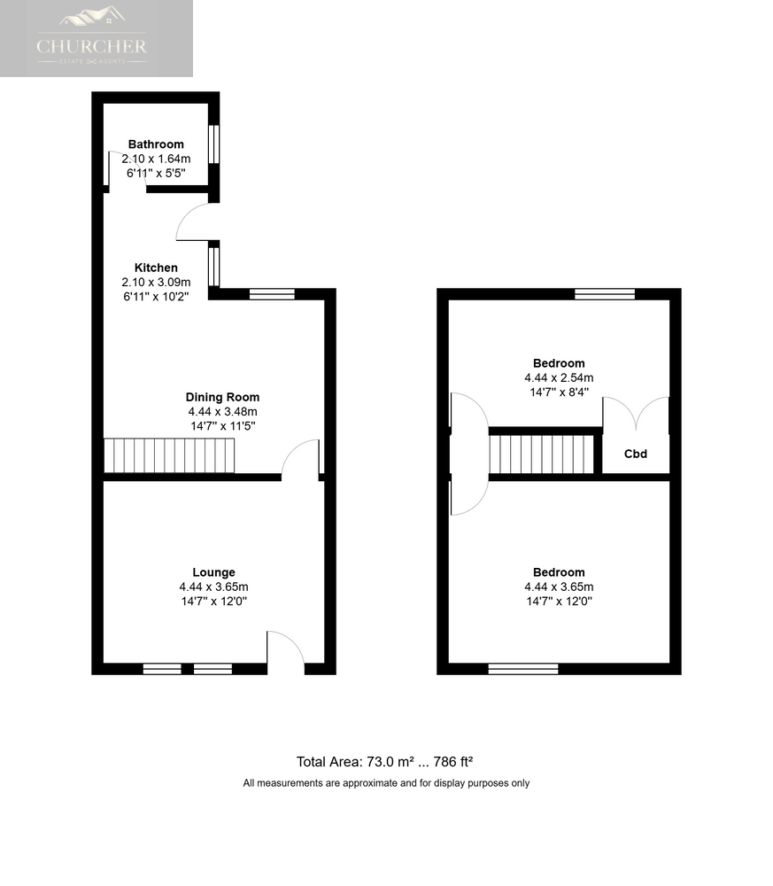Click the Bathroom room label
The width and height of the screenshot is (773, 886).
pyautogui.click(x=156, y=144)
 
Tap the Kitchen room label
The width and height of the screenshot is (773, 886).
pyautogui.click(x=156, y=268)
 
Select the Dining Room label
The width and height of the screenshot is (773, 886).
pyautogui.click(x=222, y=397)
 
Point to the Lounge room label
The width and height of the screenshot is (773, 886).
pyautogui.click(x=213, y=572)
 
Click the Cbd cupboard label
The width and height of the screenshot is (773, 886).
pyautogui.click(x=635, y=454)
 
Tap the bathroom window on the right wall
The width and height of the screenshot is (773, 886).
pyautogui.click(x=213, y=144)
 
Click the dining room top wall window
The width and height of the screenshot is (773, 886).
pyautogui.click(x=272, y=294)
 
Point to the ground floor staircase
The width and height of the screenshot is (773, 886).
pyautogui.click(x=169, y=455)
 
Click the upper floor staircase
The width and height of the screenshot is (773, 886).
pyautogui.click(x=542, y=454)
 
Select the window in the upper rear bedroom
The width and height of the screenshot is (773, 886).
pyautogui.click(x=605, y=294)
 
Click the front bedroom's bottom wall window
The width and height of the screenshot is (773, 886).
pyautogui.click(x=523, y=669)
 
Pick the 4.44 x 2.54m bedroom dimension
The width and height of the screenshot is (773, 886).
pyautogui.click(x=559, y=378)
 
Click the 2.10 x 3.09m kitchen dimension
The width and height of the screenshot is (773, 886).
pyautogui.click(x=156, y=283)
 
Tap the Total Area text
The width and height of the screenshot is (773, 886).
pyautogui.click(x=384, y=762)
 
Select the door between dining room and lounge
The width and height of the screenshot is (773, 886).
pyautogui.click(x=300, y=458)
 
